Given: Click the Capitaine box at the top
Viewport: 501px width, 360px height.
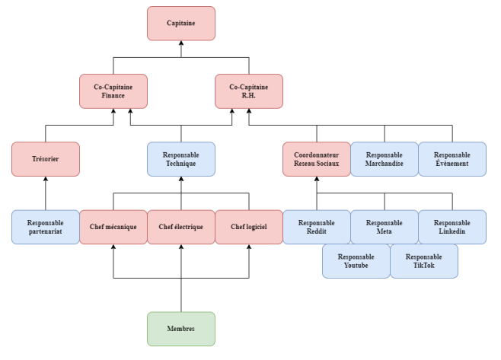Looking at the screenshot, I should (x=181, y=23).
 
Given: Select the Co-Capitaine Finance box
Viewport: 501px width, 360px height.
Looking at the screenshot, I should (x=113, y=91).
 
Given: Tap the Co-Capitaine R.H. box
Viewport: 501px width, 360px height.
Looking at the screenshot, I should (x=249, y=91).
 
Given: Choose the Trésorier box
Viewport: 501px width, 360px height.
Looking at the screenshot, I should (x=46, y=158).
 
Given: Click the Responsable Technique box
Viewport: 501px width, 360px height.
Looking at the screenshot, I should (x=181, y=158).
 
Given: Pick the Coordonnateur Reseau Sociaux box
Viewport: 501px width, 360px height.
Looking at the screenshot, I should (x=316, y=158).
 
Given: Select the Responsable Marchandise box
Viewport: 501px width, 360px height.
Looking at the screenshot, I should (x=384, y=158).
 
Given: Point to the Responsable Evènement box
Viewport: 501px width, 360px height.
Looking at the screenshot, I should (x=452, y=158).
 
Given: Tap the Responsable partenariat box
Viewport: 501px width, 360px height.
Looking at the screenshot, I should (x=46, y=227).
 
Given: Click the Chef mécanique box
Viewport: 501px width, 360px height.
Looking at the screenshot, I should (x=113, y=227).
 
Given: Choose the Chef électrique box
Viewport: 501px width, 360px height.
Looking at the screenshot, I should (x=181, y=227).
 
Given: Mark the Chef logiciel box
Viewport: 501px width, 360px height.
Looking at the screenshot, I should (x=249, y=227).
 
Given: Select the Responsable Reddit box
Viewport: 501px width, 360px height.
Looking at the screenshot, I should (x=316, y=227).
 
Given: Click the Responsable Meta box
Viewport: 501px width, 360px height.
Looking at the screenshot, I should (x=384, y=227).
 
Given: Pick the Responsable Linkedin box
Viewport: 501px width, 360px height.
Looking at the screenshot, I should (x=452, y=227).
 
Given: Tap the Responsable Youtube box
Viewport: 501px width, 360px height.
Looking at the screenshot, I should (x=356, y=261).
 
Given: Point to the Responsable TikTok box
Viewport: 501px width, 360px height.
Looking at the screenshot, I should (x=424, y=261).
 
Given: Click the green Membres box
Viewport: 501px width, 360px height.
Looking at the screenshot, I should (x=181, y=329).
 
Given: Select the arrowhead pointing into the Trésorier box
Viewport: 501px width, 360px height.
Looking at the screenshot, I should (x=46, y=180).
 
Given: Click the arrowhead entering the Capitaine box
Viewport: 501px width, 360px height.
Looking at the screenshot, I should (x=181, y=43).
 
